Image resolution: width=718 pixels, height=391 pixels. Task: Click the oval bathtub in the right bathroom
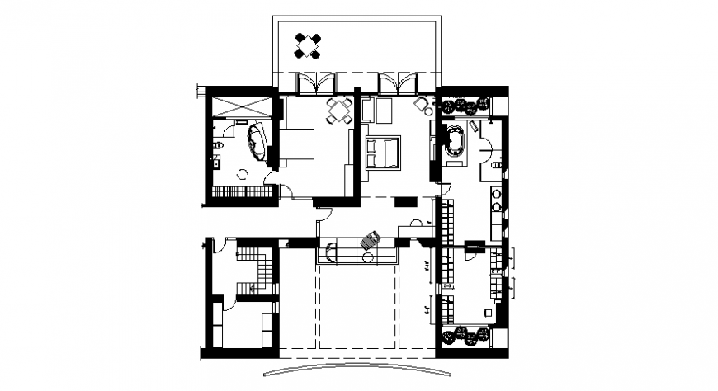pos(456,141)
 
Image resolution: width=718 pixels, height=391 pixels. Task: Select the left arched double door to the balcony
pos(317,83)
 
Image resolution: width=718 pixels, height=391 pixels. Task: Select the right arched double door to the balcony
pos(399,83)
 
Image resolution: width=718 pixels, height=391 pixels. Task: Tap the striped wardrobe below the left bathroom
pos(243,193)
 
